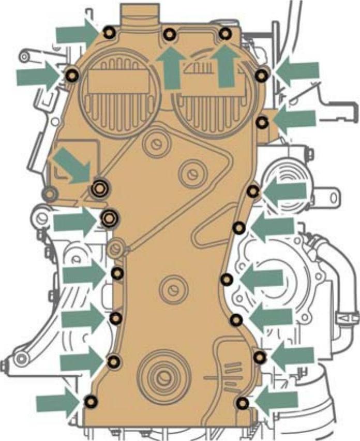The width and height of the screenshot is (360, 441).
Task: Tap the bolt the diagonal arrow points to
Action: tap(99, 188)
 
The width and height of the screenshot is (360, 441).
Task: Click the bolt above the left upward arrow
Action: tap(169, 35)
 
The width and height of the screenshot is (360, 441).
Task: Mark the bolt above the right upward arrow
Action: tap(224, 34)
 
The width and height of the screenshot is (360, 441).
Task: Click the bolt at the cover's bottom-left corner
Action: tap(91, 401)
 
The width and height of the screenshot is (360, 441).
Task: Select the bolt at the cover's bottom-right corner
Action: tap(242, 403)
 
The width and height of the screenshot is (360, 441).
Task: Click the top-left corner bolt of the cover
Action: tap(109, 33)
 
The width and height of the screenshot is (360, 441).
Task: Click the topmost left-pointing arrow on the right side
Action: tap(297, 72)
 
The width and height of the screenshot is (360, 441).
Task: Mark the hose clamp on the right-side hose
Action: tap(344, 316)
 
